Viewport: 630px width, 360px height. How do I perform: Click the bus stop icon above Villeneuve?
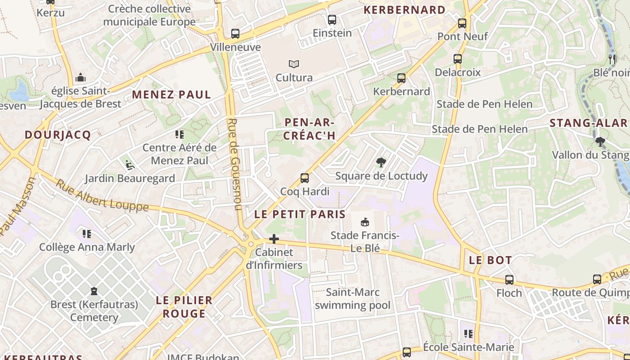point(235,33)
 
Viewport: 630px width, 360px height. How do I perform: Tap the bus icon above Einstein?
point(332,19)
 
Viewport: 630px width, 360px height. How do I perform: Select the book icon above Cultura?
point(294,64)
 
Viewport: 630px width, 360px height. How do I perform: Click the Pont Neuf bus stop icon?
point(462,23)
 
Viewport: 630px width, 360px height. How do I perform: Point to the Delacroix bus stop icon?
point(458,59)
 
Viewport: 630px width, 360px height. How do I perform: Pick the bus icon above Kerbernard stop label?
point(401,78)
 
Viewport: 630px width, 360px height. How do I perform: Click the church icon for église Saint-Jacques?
point(81,77)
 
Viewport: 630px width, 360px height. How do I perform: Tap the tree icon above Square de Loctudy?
point(381,162)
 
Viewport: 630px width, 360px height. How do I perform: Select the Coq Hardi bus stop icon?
point(305,178)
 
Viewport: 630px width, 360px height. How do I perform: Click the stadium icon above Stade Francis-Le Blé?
point(364,222)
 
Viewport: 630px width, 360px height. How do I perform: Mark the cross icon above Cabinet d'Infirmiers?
point(274,239)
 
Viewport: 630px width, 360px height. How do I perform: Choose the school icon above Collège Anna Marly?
point(87,234)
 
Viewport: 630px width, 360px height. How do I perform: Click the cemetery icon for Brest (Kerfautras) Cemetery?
point(94,291)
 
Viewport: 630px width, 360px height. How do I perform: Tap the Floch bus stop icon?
point(509,279)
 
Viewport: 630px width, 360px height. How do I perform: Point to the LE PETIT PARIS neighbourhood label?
point(300,214)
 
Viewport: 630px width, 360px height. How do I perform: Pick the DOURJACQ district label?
point(58,135)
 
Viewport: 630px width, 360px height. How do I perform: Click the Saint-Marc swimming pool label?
point(352,299)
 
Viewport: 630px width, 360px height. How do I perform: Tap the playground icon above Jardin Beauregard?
point(130,165)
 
